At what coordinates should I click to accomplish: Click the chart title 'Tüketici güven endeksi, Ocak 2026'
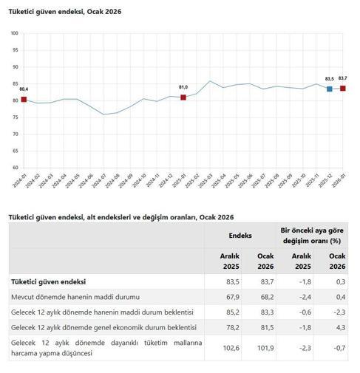tap(65, 13)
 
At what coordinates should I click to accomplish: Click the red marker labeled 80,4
tap(24, 100)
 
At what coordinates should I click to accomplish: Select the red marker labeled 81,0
tap(183, 97)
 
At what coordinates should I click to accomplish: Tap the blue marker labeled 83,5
tap(330, 89)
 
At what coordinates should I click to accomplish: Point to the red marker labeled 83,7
tap(343, 89)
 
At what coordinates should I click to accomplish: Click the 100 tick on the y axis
tap(15, 34)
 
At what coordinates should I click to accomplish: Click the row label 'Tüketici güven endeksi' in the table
tap(48, 281)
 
